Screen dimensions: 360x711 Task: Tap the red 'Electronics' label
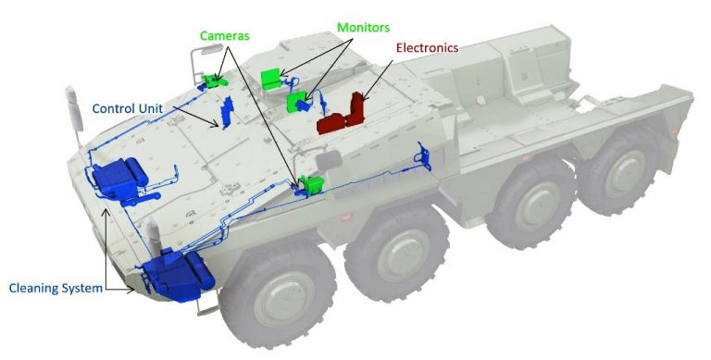coord(427,47)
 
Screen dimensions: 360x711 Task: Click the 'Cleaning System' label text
coord(56,289)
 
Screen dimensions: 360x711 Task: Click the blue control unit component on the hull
coord(226,111)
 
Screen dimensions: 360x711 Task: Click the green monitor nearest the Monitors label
coord(271,78)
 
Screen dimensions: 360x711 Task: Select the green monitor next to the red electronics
coord(298,100)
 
